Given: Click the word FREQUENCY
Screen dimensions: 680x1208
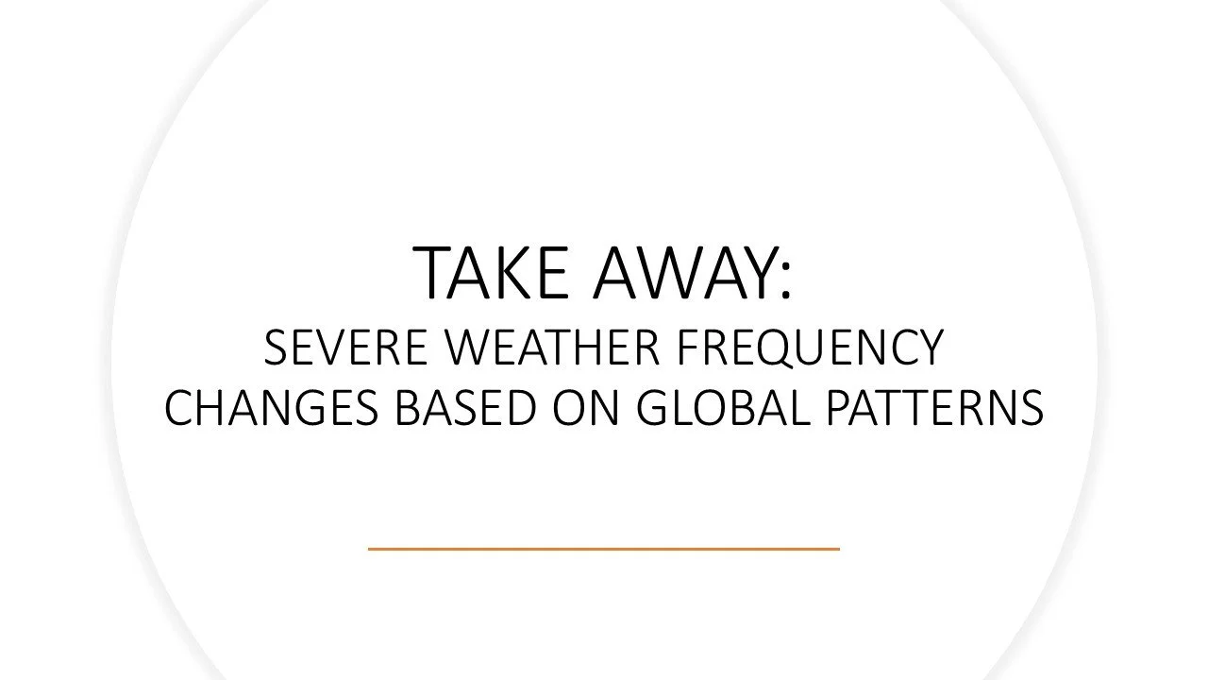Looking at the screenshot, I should [810, 348].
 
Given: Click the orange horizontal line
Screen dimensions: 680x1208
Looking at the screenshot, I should [603, 548].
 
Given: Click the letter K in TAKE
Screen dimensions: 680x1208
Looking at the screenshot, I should [516, 273].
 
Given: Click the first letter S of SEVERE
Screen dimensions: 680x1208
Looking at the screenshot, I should [276, 348].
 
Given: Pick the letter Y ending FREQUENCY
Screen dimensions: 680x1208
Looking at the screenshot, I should [929, 348].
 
